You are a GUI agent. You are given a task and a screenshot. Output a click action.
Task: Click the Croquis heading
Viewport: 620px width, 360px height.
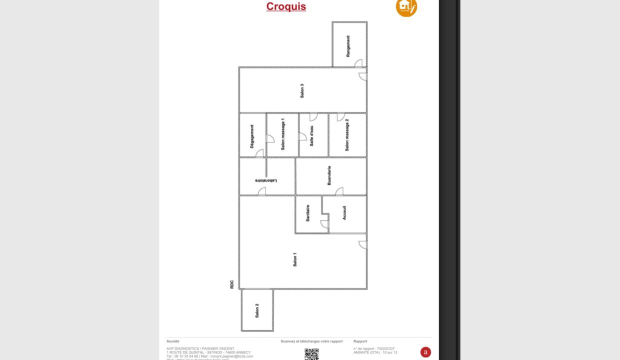pos(286,6)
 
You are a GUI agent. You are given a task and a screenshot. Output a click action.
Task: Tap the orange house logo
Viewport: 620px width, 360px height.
pos(406,6)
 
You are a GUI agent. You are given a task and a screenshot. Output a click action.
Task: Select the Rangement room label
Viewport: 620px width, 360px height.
pos(348,45)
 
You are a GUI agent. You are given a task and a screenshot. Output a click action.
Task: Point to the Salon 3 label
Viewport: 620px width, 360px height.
pos(302,90)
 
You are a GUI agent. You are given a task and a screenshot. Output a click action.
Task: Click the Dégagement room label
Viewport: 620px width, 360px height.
pos(252,135)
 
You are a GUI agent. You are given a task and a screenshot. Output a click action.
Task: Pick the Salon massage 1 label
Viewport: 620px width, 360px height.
pos(282,134)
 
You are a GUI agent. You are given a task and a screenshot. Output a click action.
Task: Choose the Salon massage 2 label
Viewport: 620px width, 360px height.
pos(347,135)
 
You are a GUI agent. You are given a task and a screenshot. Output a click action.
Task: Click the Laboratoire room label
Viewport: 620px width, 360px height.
pos(266,180)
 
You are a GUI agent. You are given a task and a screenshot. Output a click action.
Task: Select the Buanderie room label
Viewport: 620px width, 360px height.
pos(329,176)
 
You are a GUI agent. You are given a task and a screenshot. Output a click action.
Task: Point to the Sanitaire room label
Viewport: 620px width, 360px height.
pos(308,213)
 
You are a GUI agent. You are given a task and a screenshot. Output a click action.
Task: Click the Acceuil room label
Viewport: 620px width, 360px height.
pos(344,213)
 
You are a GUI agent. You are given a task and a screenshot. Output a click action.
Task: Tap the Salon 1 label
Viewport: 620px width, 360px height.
pos(295,259)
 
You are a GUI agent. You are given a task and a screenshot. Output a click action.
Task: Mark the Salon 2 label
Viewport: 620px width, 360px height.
pos(257,310)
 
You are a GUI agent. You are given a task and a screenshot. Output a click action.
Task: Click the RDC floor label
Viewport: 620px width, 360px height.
pos(232,284)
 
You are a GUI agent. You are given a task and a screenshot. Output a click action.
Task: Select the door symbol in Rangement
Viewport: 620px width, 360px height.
pos(358,63)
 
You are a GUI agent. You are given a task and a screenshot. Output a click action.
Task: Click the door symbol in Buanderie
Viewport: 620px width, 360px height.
pos(339,191)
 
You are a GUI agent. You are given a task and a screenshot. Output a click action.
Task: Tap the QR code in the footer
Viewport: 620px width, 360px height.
pos(311,354)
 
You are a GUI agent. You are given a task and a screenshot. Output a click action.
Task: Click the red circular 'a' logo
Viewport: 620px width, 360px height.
pos(425,352)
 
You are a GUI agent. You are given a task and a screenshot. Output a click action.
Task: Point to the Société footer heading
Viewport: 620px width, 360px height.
pos(172,341)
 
